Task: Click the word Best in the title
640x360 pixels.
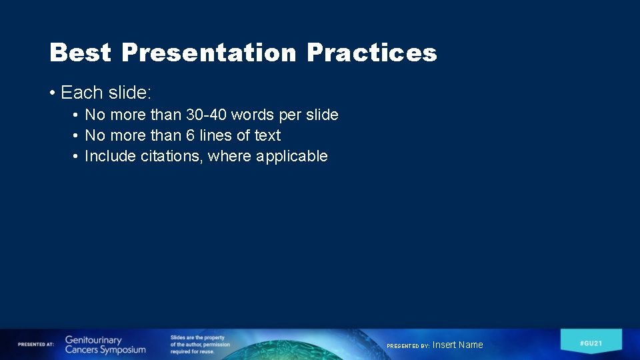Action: tap(81, 52)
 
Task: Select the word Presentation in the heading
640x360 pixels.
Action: tap(209, 52)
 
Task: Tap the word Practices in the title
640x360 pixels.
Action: tap(371, 52)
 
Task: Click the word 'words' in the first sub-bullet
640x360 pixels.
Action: tap(253, 115)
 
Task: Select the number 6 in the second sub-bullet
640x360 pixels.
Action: tap(190, 135)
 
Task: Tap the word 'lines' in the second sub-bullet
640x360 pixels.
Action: tap(215, 135)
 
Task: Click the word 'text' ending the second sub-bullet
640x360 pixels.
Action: tap(268, 135)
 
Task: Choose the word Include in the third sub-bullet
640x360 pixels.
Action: tap(111, 156)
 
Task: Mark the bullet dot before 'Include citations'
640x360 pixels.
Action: tap(77, 156)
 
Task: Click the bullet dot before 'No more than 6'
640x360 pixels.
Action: tap(77, 135)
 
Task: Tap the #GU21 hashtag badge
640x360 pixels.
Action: tap(591, 342)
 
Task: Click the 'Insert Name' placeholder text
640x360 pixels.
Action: tap(458, 345)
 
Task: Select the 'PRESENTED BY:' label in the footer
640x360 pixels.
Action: tap(408, 346)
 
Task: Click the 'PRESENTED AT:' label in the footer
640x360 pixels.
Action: tap(36, 344)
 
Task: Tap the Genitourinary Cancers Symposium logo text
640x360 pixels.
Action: tap(105, 345)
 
